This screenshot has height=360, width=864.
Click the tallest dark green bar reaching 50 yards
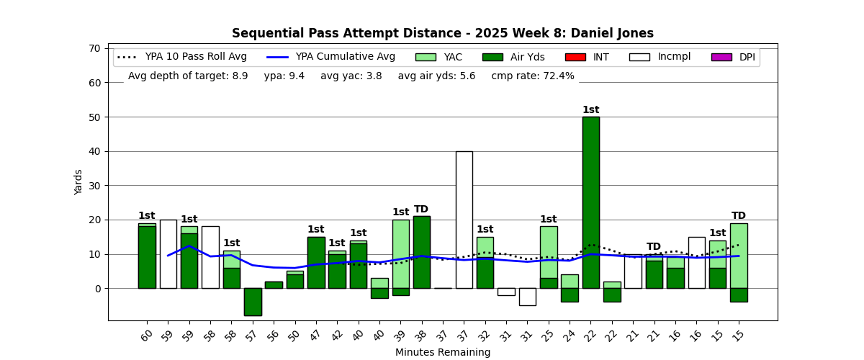[591, 202]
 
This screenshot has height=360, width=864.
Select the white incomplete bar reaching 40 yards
[464, 220]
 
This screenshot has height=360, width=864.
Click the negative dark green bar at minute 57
[253, 302]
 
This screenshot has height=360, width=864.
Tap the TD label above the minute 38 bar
[421, 210]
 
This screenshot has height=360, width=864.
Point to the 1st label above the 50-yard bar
[591, 110]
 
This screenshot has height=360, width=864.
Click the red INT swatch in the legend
[575, 57]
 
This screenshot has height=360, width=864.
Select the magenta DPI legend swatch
[721, 57]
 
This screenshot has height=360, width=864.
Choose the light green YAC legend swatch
[426, 57]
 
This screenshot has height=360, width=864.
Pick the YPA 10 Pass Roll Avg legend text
[196, 57]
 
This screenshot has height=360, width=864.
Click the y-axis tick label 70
[94, 48]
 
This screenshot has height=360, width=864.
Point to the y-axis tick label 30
[94, 186]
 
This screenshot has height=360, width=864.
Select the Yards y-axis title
[78, 182]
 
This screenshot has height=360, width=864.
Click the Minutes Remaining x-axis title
[443, 353]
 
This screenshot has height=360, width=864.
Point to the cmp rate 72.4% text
[533, 76]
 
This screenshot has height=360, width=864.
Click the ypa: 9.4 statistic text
[284, 76]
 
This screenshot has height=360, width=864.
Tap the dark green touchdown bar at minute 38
[422, 252]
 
